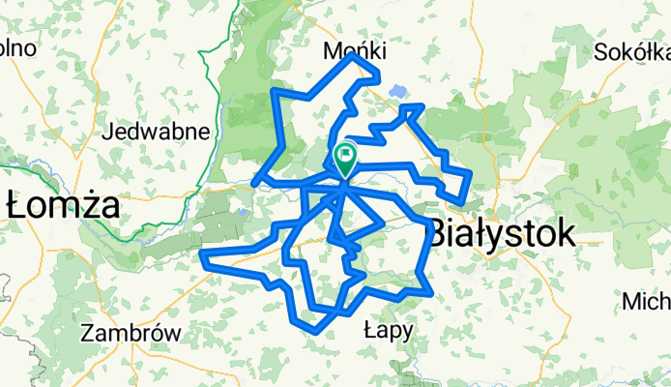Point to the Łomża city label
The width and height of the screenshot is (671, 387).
[62, 205]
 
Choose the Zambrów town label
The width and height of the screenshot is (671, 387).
[131, 332]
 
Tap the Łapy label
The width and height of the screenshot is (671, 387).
[388, 330]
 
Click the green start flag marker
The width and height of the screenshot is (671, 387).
[345, 156]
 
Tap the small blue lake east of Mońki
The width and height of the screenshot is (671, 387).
[394, 93]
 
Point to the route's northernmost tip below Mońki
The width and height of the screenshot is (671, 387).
[355, 55]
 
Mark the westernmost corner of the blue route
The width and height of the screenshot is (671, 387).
[201, 255]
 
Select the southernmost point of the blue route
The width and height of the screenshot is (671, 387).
[317, 332]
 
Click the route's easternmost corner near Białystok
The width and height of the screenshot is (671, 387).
[470, 174]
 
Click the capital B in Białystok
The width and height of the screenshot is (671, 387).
[438, 233]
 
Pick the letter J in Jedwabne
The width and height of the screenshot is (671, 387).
[116, 131]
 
